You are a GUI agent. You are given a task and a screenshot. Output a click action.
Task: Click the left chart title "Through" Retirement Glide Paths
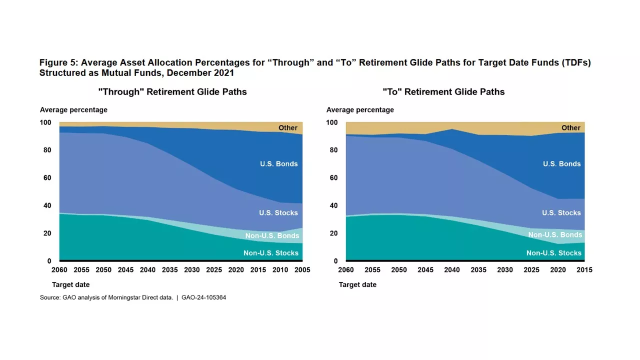(172, 91)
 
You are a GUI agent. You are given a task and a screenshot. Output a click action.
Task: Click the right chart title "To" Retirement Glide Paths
(443, 91)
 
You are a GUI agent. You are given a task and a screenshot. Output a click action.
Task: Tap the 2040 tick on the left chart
(148, 269)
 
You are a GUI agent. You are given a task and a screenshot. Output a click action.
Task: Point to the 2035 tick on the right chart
(478, 269)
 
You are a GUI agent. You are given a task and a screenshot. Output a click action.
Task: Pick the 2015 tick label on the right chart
(584, 269)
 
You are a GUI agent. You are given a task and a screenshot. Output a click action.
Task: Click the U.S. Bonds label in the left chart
(278, 163)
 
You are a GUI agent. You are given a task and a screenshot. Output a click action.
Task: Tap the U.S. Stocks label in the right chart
(561, 212)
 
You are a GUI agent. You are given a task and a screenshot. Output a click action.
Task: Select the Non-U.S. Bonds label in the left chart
(271, 235)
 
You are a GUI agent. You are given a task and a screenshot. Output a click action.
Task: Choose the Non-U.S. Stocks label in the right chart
(554, 253)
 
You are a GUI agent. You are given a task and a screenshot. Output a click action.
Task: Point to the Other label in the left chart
(288, 128)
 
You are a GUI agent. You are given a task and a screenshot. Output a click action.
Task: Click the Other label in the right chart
(571, 128)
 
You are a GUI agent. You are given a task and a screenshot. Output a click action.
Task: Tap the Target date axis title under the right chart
(357, 284)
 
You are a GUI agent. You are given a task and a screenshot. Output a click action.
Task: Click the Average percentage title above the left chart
(73, 109)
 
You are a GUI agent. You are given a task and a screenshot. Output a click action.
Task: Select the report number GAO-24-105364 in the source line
(204, 297)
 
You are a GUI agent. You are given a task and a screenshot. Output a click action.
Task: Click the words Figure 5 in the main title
(58, 63)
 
